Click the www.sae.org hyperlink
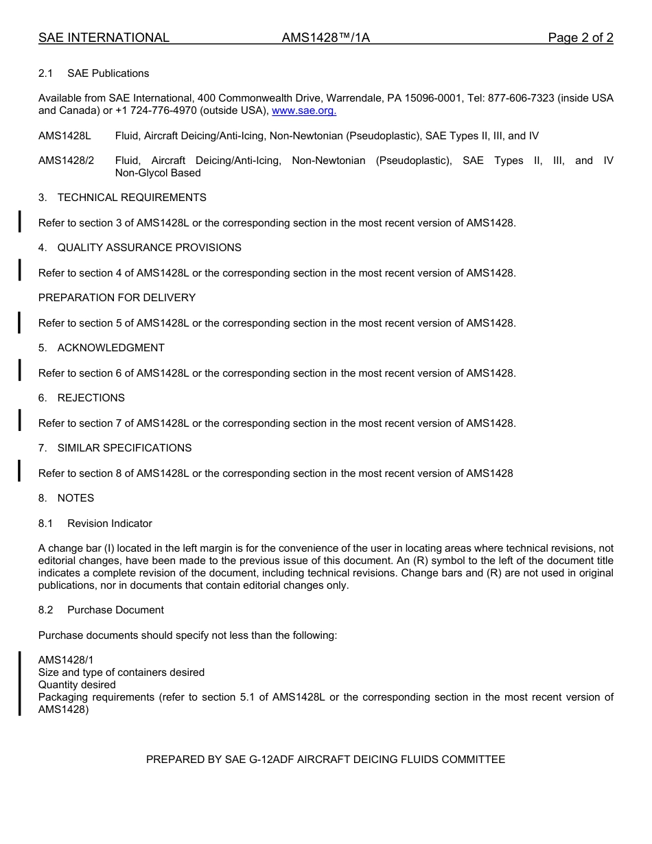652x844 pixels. (x=304, y=111)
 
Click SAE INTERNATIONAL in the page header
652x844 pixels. (x=104, y=38)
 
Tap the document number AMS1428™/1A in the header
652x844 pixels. (x=325, y=38)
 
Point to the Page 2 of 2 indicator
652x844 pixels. (x=580, y=38)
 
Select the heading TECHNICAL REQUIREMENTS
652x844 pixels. (x=131, y=198)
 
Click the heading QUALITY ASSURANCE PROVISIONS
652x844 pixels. (x=149, y=248)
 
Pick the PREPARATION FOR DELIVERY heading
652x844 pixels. (x=117, y=298)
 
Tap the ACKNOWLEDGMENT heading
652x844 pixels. (x=110, y=348)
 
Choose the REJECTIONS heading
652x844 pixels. (x=91, y=398)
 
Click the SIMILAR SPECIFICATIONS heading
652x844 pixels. (x=124, y=448)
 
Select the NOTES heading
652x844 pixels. (x=75, y=498)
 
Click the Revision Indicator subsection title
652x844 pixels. (x=109, y=524)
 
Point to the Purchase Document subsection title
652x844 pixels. (x=115, y=610)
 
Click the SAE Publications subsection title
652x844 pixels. (x=108, y=73)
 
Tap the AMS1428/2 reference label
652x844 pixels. (x=66, y=161)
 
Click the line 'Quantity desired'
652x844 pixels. (x=77, y=685)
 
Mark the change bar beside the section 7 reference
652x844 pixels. (x=19, y=420)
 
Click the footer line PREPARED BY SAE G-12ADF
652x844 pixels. (x=325, y=760)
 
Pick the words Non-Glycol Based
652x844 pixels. (x=158, y=173)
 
